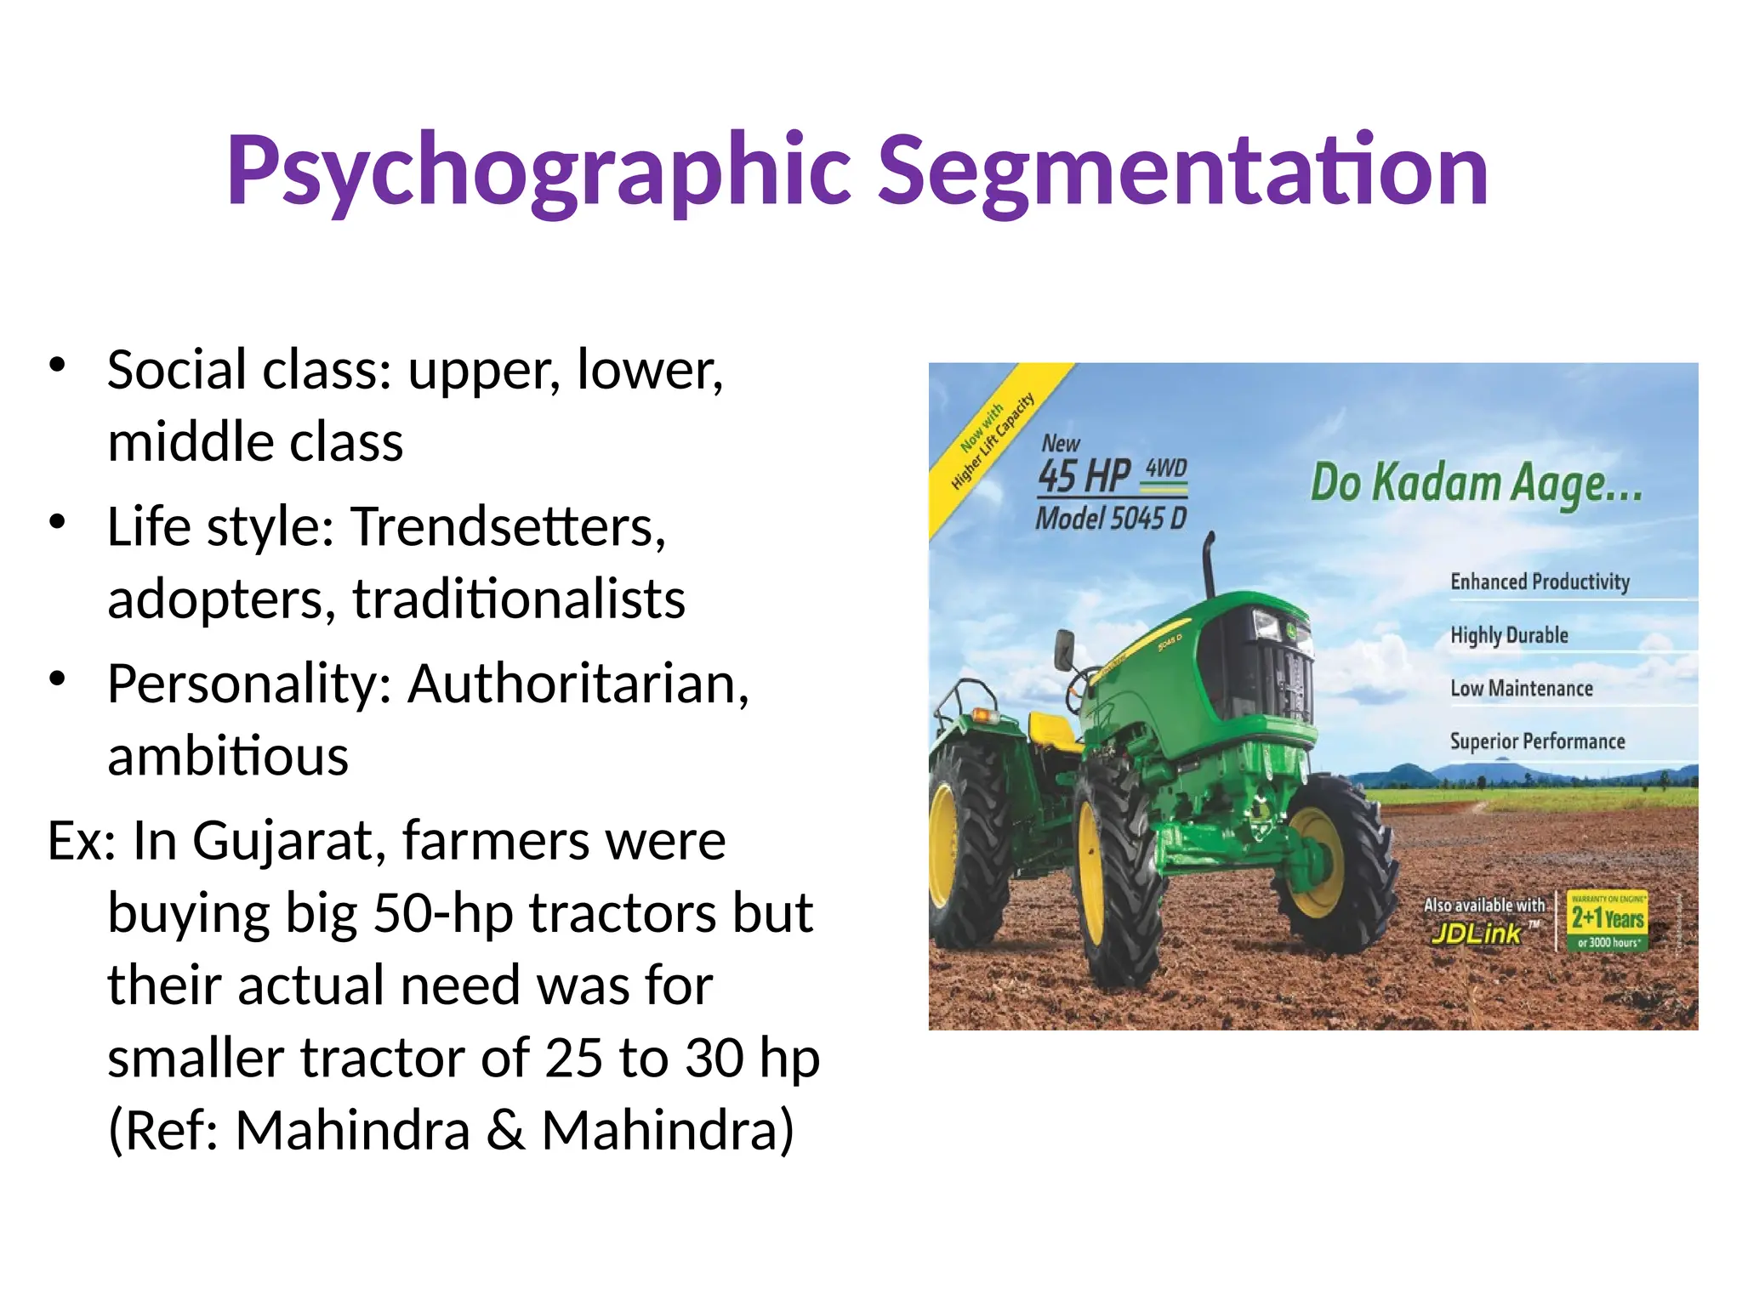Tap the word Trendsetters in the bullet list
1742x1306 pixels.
coord(507,527)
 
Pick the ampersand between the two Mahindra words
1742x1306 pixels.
coord(505,1131)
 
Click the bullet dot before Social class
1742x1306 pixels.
coord(57,365)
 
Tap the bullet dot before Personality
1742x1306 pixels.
coord(57,679)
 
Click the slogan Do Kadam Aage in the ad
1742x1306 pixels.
coord(1476,484)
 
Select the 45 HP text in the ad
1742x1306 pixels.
coord(1084,476)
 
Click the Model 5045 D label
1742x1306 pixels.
coord(1110,519)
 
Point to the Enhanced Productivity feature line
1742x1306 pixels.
coord(1540,582)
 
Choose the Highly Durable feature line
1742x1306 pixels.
coord(1509,635)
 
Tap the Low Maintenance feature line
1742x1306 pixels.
coord(1522,689)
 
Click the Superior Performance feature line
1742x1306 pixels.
coord(1537,741)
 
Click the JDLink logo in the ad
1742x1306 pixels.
coord(1477,934)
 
